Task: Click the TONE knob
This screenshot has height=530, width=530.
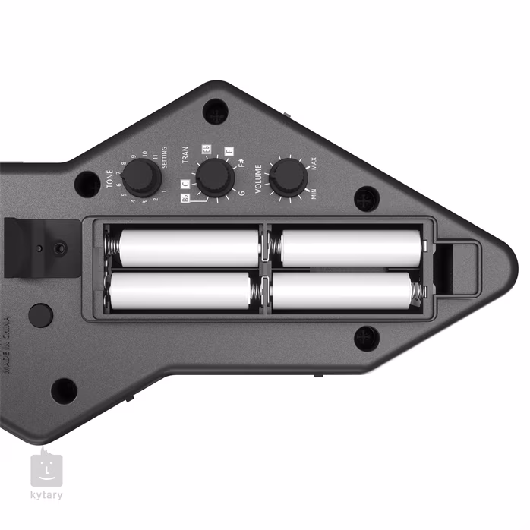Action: (x=141, y=178)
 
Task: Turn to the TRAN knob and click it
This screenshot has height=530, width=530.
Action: (x=214, y=178)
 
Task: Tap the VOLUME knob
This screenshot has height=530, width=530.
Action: (x=288, y=177)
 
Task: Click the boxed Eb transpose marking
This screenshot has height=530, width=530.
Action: (x=205, y=149)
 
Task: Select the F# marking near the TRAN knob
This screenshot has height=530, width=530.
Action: (x=241, y=162)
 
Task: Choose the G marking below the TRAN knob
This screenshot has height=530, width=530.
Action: (x=241, y=194)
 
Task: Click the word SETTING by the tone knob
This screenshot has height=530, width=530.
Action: (x=165, y=160)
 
